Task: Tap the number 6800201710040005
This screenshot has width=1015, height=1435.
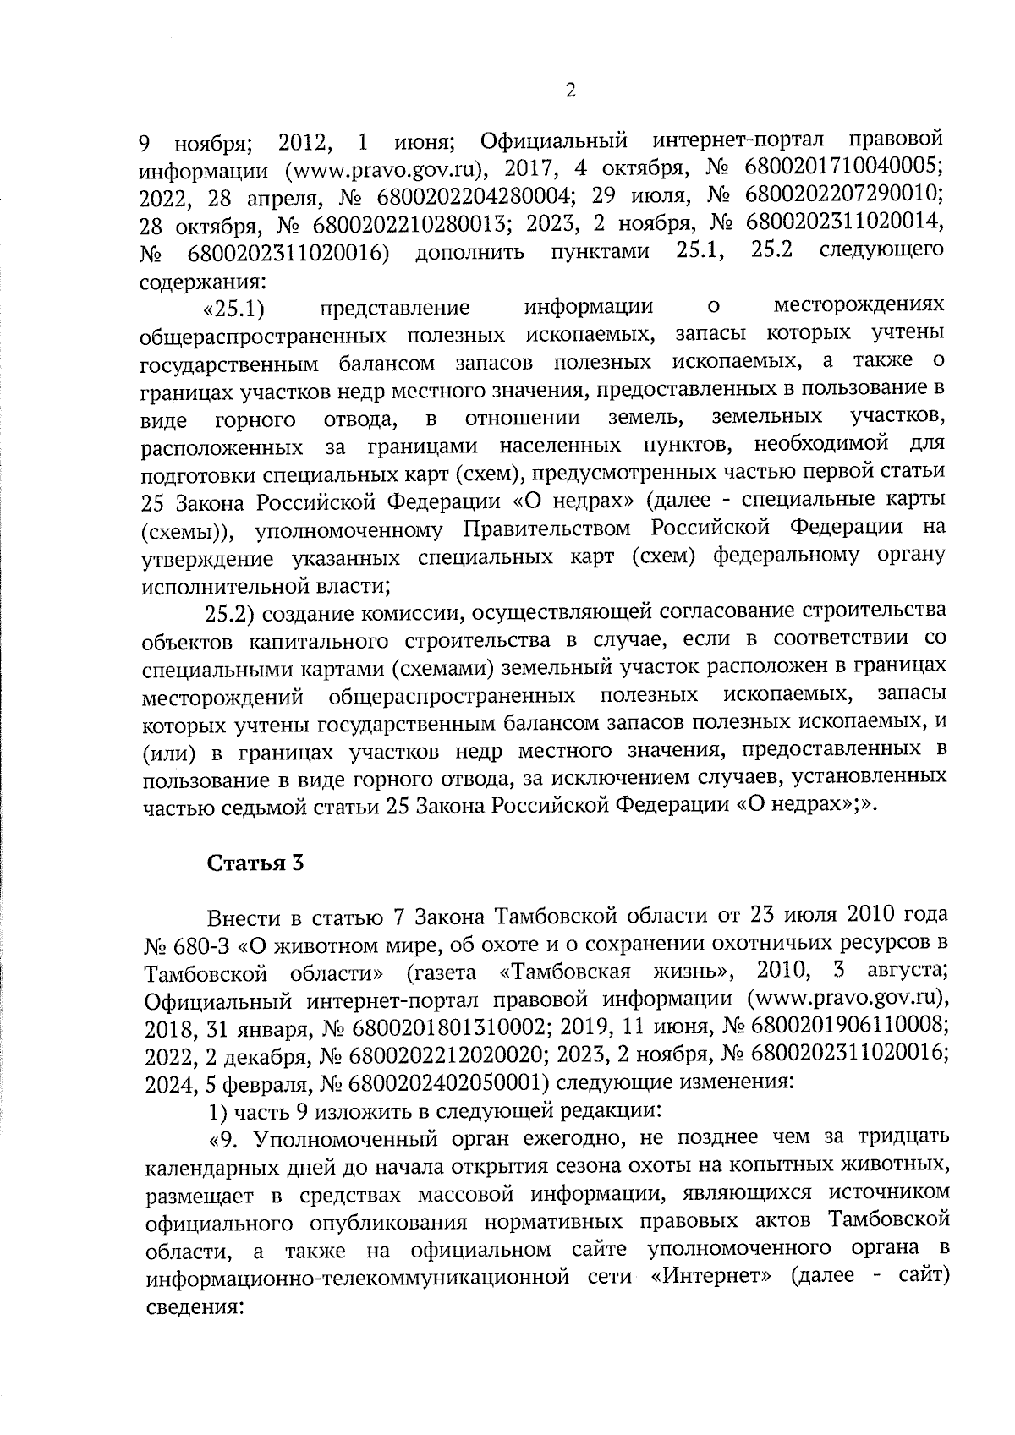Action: point(845,166)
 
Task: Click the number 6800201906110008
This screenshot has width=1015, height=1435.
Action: point(845,1026)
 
